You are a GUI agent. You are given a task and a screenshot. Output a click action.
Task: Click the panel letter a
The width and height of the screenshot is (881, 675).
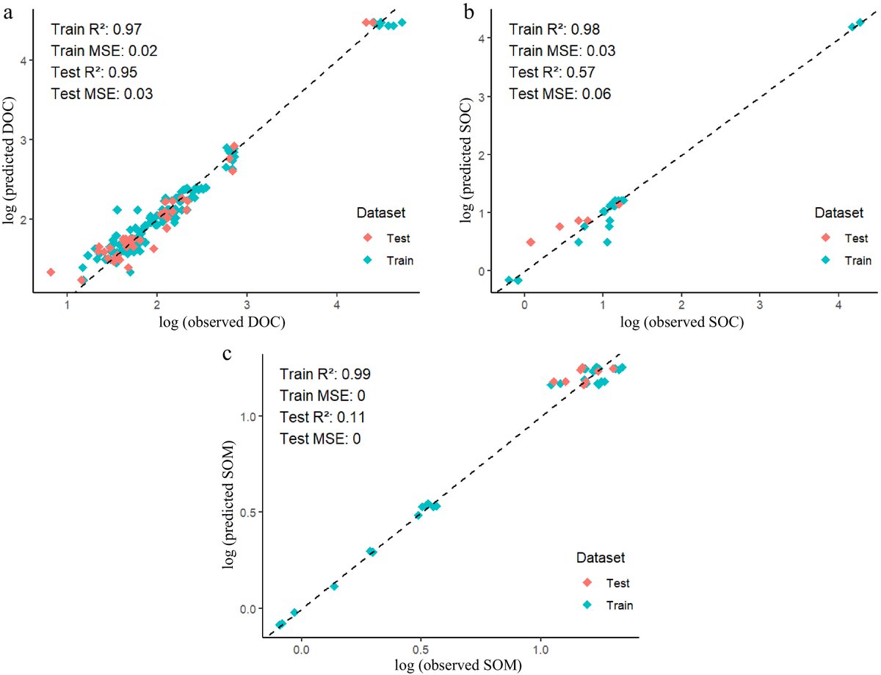[9, 12]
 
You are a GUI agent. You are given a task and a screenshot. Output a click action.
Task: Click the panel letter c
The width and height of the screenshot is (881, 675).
[228, 353]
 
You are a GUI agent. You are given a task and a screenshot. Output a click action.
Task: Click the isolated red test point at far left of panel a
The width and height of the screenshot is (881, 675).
[51, 272]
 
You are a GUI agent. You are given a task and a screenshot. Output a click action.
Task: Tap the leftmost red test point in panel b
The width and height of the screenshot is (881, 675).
[530, 242]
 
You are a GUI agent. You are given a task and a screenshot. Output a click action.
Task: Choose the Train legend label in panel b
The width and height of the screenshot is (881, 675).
[858, 260]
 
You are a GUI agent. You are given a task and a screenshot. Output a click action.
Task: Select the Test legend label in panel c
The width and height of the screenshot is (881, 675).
[617, 583]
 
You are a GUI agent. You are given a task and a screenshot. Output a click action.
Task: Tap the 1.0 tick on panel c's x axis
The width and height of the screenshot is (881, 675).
[540, 649]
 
